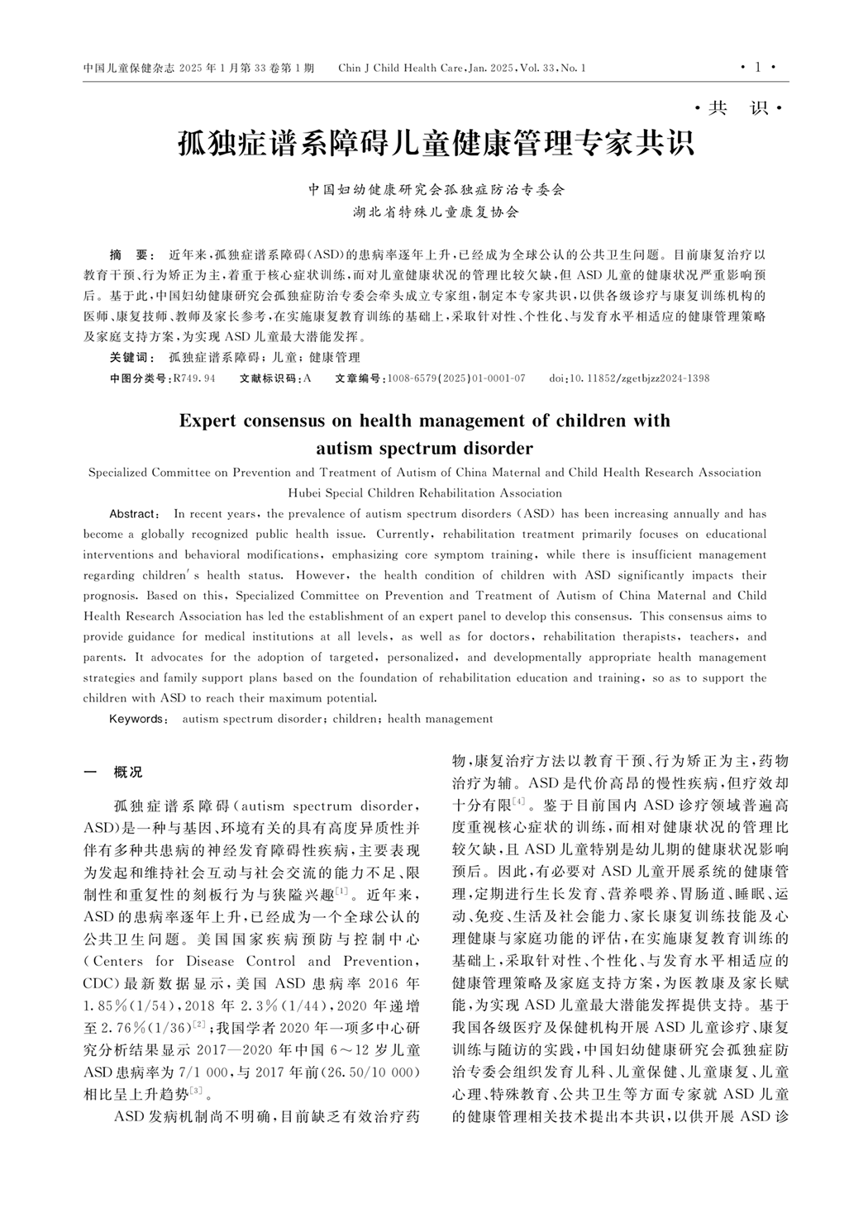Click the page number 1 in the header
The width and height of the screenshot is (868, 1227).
757,68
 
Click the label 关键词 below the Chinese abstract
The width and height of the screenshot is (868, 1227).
132,357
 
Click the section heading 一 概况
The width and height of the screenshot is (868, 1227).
113,773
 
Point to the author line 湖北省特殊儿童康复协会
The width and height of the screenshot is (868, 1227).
436,212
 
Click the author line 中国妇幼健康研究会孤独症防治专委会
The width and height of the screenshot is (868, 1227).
436,190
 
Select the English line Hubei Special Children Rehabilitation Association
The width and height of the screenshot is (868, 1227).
425,493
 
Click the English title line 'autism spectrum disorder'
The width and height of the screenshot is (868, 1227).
425,449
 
